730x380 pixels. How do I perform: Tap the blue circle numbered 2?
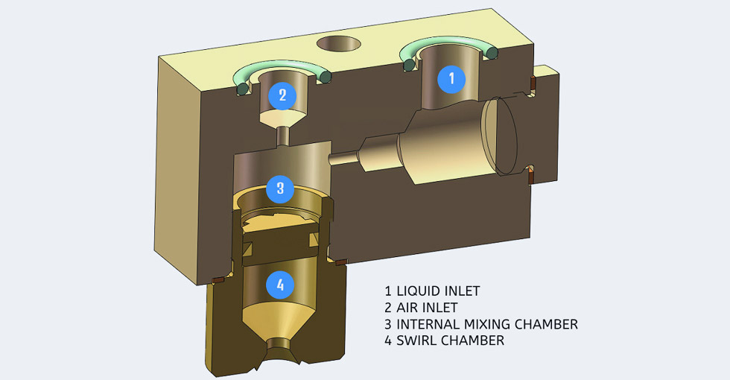pyautogui.click(x=282, y=95)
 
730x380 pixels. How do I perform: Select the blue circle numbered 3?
pyautogui.click(x=280, y=188)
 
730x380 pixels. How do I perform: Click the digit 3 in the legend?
pyautogui.click(x=388, y=324)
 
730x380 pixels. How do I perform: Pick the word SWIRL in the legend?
pyautogui.click(x=418, y=341)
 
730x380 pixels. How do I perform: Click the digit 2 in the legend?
pyautogui.click(x=388, y=307)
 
